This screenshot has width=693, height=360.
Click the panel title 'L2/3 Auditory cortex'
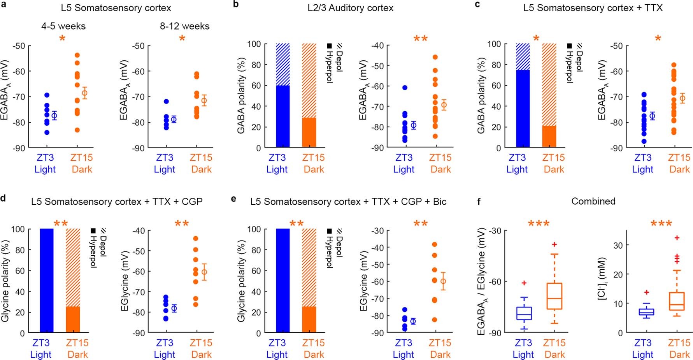350,8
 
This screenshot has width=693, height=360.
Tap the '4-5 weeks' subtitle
63,26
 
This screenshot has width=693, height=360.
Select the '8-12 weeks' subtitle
184,26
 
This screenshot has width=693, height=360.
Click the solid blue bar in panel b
282,117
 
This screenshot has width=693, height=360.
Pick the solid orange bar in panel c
549,137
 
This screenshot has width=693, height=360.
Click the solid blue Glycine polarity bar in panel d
47,280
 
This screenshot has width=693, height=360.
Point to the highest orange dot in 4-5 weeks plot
77,55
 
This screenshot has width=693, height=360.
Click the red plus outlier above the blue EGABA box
524,283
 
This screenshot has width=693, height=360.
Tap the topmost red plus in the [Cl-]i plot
677,238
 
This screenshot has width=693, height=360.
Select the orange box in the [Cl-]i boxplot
677,301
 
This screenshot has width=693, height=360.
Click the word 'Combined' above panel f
593,201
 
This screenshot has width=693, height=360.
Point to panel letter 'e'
233,199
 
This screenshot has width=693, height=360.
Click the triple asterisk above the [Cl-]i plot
661,224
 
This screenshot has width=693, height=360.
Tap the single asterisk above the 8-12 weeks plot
182,39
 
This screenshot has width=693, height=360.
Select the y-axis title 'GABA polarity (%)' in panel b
241,95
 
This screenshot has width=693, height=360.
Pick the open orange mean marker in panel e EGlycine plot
443,281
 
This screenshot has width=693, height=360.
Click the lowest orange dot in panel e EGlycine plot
434,320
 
